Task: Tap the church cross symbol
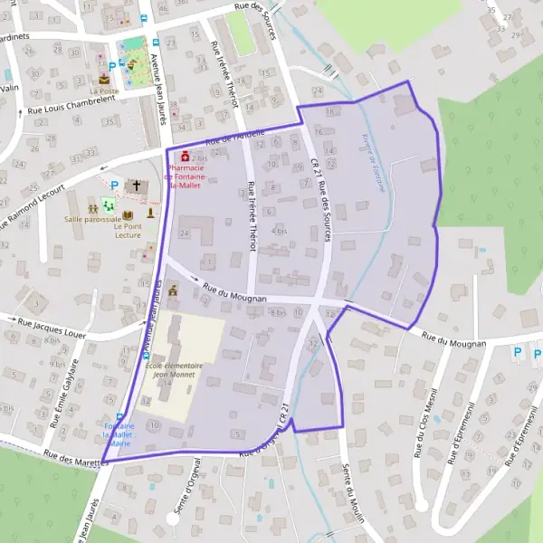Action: pyautogui.click(x=138, y=185)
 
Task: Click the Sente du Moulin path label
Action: pyautogui.click(x=354, y=492)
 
